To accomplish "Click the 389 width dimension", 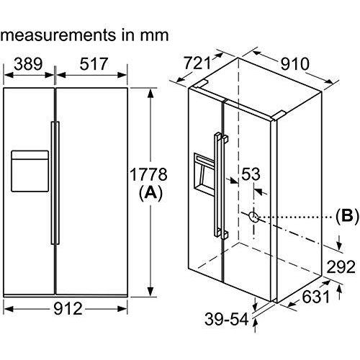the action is click(28, 64).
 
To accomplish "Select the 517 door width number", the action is click(94, 64).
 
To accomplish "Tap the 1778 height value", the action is click(148, 174).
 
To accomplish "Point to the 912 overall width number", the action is click(68, 309).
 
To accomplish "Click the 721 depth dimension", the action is click(197, 63).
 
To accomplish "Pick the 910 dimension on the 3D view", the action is click(295, 64).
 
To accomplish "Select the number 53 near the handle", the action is click(251, 174).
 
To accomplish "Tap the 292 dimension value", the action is click(341, 266).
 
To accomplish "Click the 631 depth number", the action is click(315, 297).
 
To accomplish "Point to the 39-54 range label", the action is click(227, 320).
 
